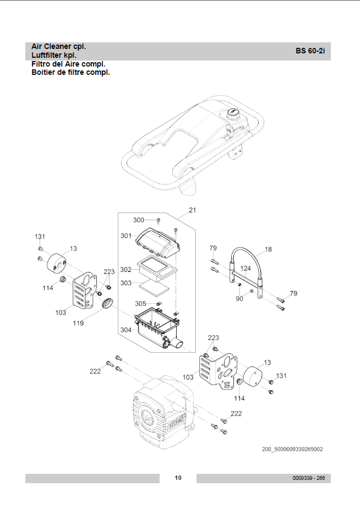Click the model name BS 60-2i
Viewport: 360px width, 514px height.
click(310, 51)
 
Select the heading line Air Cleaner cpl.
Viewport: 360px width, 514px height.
click(59, 47)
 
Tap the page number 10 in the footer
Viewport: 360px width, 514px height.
click(178, 478)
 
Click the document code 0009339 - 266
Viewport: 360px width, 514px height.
click(308, 478)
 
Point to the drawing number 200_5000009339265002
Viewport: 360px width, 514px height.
click(292, 449)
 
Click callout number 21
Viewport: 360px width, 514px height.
click(193, 210)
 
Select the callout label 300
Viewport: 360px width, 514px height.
click(138, 220)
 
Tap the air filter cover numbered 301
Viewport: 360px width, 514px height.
click(158, 242)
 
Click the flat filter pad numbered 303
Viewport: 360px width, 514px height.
click(155, 288)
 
